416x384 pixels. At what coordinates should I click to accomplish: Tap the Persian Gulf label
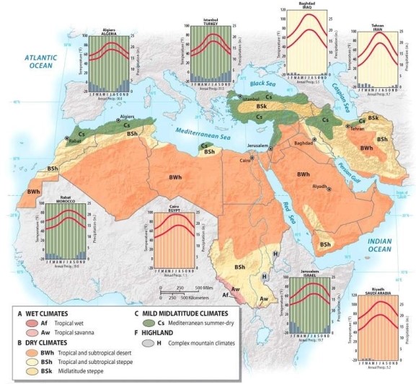pyautogui.click(x=345, y=170)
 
